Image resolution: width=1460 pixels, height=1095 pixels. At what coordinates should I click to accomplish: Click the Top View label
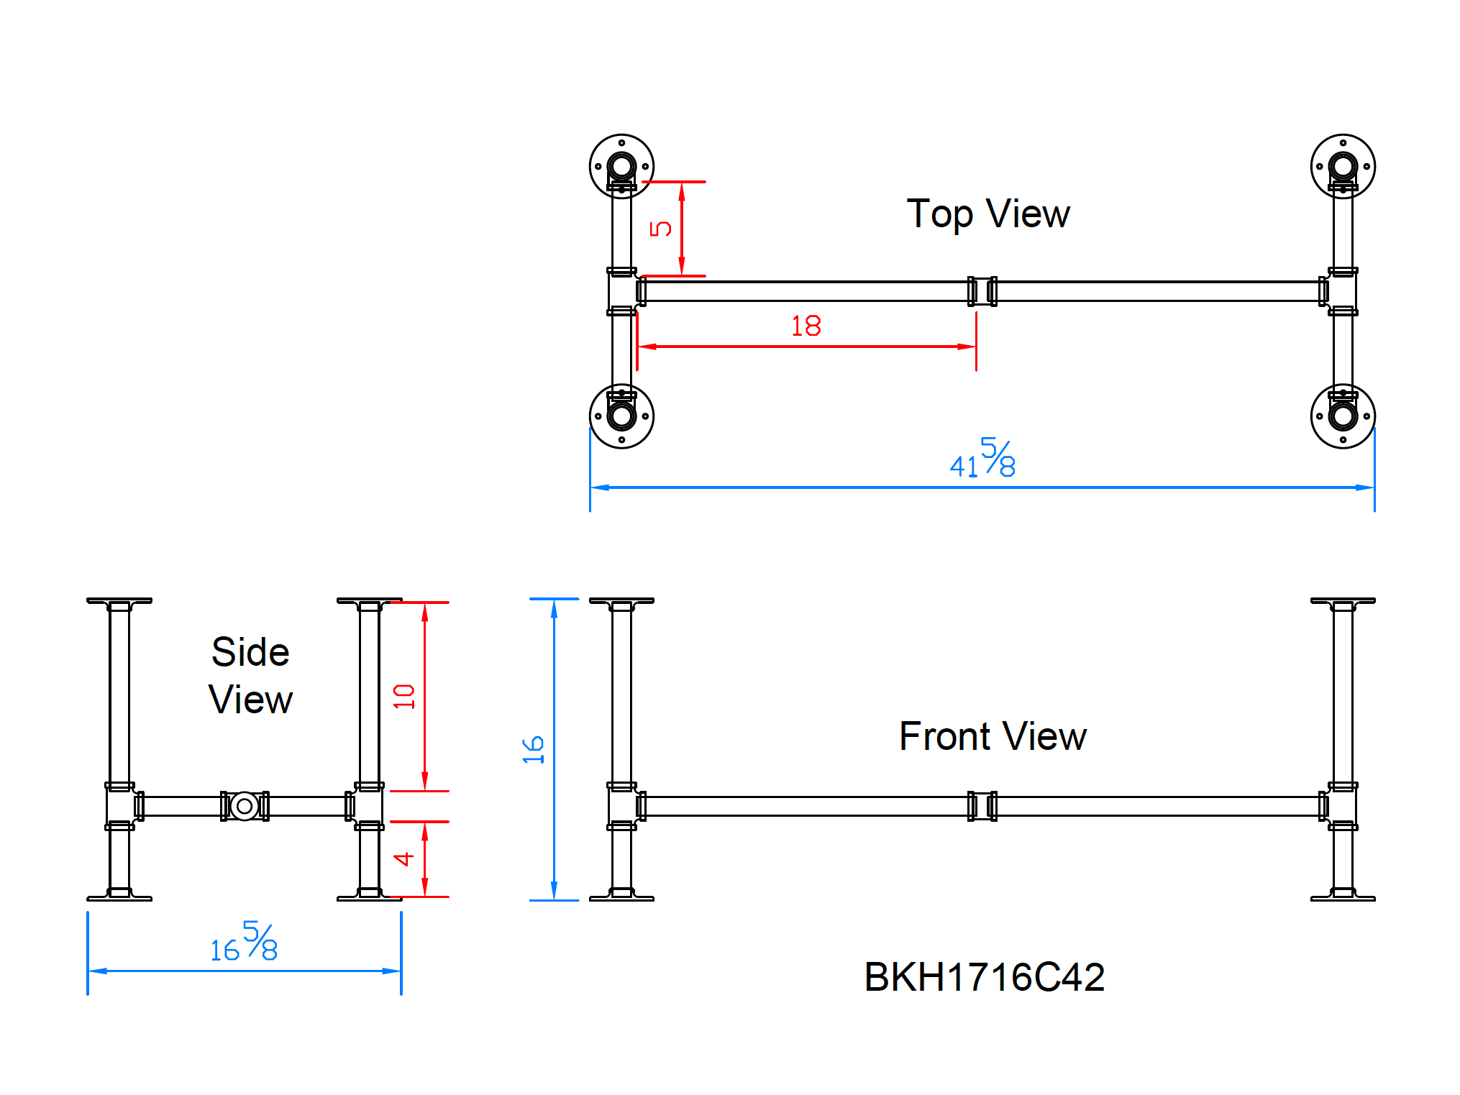987,214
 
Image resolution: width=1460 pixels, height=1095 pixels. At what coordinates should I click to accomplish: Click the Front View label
992,736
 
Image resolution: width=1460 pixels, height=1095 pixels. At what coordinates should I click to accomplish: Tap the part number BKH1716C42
984,977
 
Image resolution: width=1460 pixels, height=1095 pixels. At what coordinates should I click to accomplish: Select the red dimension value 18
806,326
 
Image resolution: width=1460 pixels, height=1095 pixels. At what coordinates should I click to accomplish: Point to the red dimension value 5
660,229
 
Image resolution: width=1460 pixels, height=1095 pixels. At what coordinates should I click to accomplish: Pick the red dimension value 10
403,696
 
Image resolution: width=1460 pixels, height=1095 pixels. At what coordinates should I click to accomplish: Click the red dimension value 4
403,858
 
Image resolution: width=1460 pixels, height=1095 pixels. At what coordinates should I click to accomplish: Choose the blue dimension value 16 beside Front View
533,749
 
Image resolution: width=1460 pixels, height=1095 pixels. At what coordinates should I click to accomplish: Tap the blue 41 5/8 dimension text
982,458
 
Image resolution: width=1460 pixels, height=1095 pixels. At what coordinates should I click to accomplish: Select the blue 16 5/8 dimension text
244,942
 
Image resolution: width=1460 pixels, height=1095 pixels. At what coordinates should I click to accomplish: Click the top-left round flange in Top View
621,166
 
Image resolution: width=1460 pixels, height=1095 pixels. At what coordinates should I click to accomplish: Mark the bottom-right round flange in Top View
1342,416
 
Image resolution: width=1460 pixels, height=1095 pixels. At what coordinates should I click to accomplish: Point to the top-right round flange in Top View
1342,166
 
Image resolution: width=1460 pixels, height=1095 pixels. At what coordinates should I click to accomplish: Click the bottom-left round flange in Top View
621,416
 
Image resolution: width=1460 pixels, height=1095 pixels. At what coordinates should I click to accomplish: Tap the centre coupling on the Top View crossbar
982,291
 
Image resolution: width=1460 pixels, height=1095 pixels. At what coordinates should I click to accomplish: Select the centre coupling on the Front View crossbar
982,806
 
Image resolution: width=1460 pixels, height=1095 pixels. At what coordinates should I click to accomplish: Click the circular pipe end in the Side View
245,806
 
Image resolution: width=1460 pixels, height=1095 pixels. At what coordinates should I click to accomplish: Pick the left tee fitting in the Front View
622,806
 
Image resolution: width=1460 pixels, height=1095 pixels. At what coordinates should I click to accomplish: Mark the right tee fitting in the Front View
1342,806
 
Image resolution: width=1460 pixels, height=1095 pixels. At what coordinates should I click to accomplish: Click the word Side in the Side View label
250,652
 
